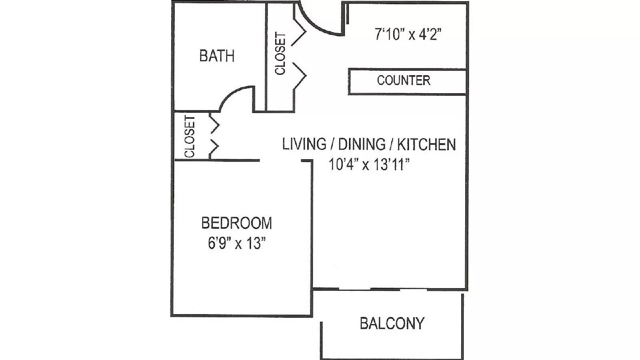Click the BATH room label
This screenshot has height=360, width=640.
pyautogui.click(x=217, y=56)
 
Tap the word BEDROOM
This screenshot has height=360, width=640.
pyautogui.click(x=236, y=223)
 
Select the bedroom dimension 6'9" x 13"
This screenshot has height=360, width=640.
pyautogui.click(x=237, y=244)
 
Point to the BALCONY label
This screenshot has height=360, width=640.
pyautogui.click(x=392, y=323)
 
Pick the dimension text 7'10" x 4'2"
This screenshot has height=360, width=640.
pyautogui.click(x=408, y=34)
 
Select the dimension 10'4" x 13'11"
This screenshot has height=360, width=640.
pyautogui.click(x=369, y=164)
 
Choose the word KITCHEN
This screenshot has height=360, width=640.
pyautogui.click(x=426, y=144)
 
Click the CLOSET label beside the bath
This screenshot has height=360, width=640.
pyautogui.click(x=280, y=53)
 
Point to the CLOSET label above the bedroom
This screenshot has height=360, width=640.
pyautogui.click(x=190, y=136)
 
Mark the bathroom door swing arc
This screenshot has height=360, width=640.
pyautogui.click(x=232, y=93)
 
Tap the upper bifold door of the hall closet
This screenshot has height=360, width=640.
pyautogui.click(x=300, y=32)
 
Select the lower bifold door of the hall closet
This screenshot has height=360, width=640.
pyautogui.click(x=300, y=76)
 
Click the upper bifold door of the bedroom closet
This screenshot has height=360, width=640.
pyautogui.click(x=214, y=124)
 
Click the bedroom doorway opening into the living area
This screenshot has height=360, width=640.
pyautogui.click(x=280, y=160)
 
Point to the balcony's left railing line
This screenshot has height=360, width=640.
pyautogui.click(x=322, y=340)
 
